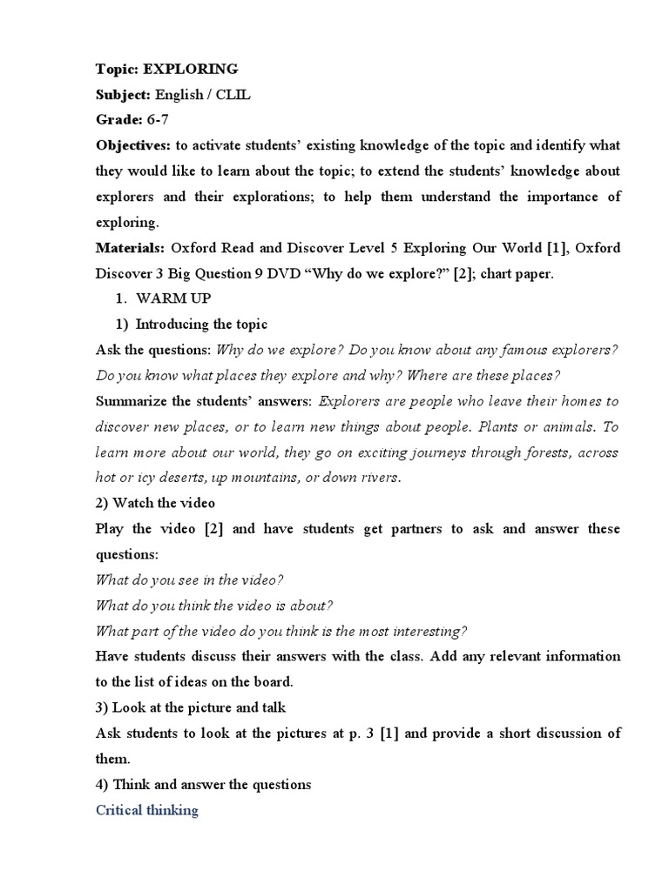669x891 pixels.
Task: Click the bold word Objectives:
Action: [x=132, y=145]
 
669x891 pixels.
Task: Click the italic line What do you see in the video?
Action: [x=190, y=580]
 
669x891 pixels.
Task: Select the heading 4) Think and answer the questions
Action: [x=203, y=785]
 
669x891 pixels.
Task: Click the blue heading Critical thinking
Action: [x=147, y=811]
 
